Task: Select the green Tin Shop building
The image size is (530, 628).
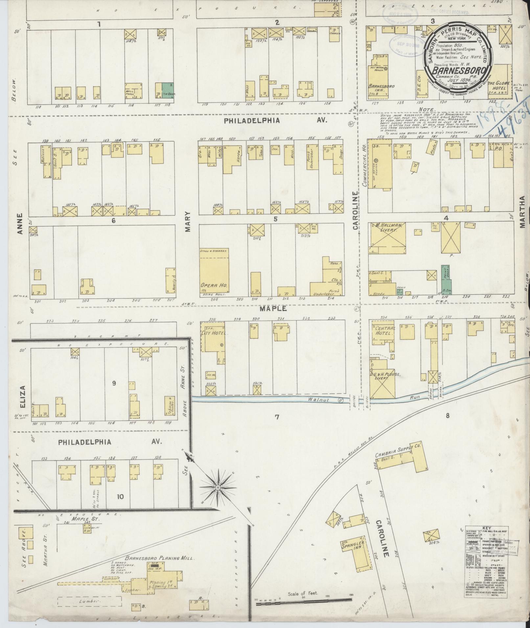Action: coord(167,91)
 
